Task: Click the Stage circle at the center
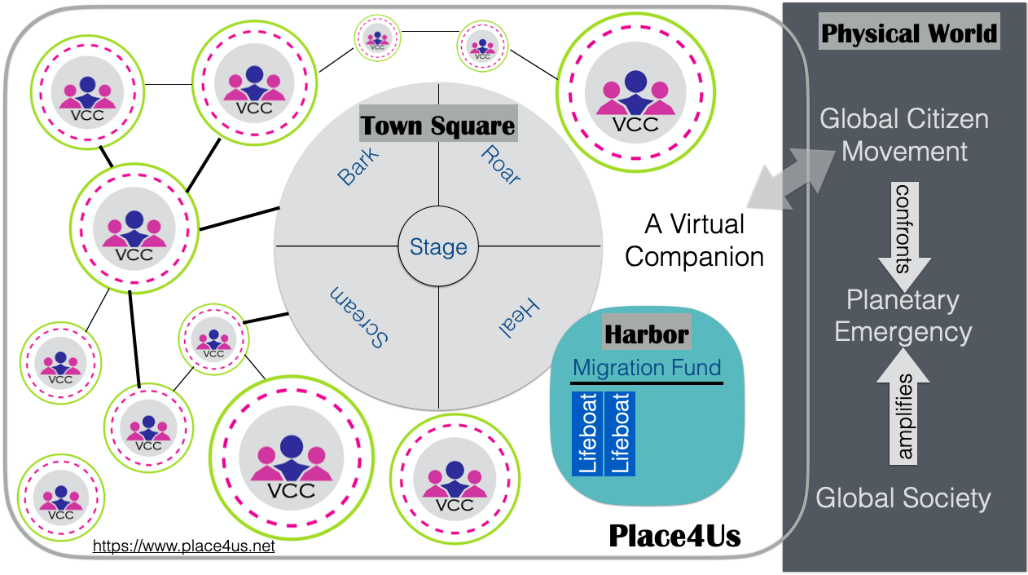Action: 438,246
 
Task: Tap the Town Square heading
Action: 438,126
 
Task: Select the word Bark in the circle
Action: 358,166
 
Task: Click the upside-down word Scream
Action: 358,317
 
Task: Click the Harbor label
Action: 647,334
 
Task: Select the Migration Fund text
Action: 647,368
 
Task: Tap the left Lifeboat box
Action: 587,434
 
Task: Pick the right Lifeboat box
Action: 620,434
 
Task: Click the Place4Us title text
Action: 674,536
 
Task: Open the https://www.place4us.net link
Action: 184,546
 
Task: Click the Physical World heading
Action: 908,33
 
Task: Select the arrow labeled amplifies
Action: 903,411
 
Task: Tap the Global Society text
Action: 903,498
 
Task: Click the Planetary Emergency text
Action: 903,316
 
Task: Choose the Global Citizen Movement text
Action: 904,135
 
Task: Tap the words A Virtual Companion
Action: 694,240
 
